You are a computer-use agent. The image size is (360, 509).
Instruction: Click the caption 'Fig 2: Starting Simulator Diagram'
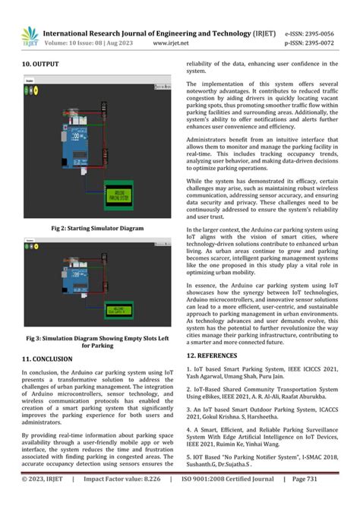pyautogui.click(x=97, y=228)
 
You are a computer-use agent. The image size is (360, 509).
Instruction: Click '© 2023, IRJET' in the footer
pyautogui.click(x=45, y=500)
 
